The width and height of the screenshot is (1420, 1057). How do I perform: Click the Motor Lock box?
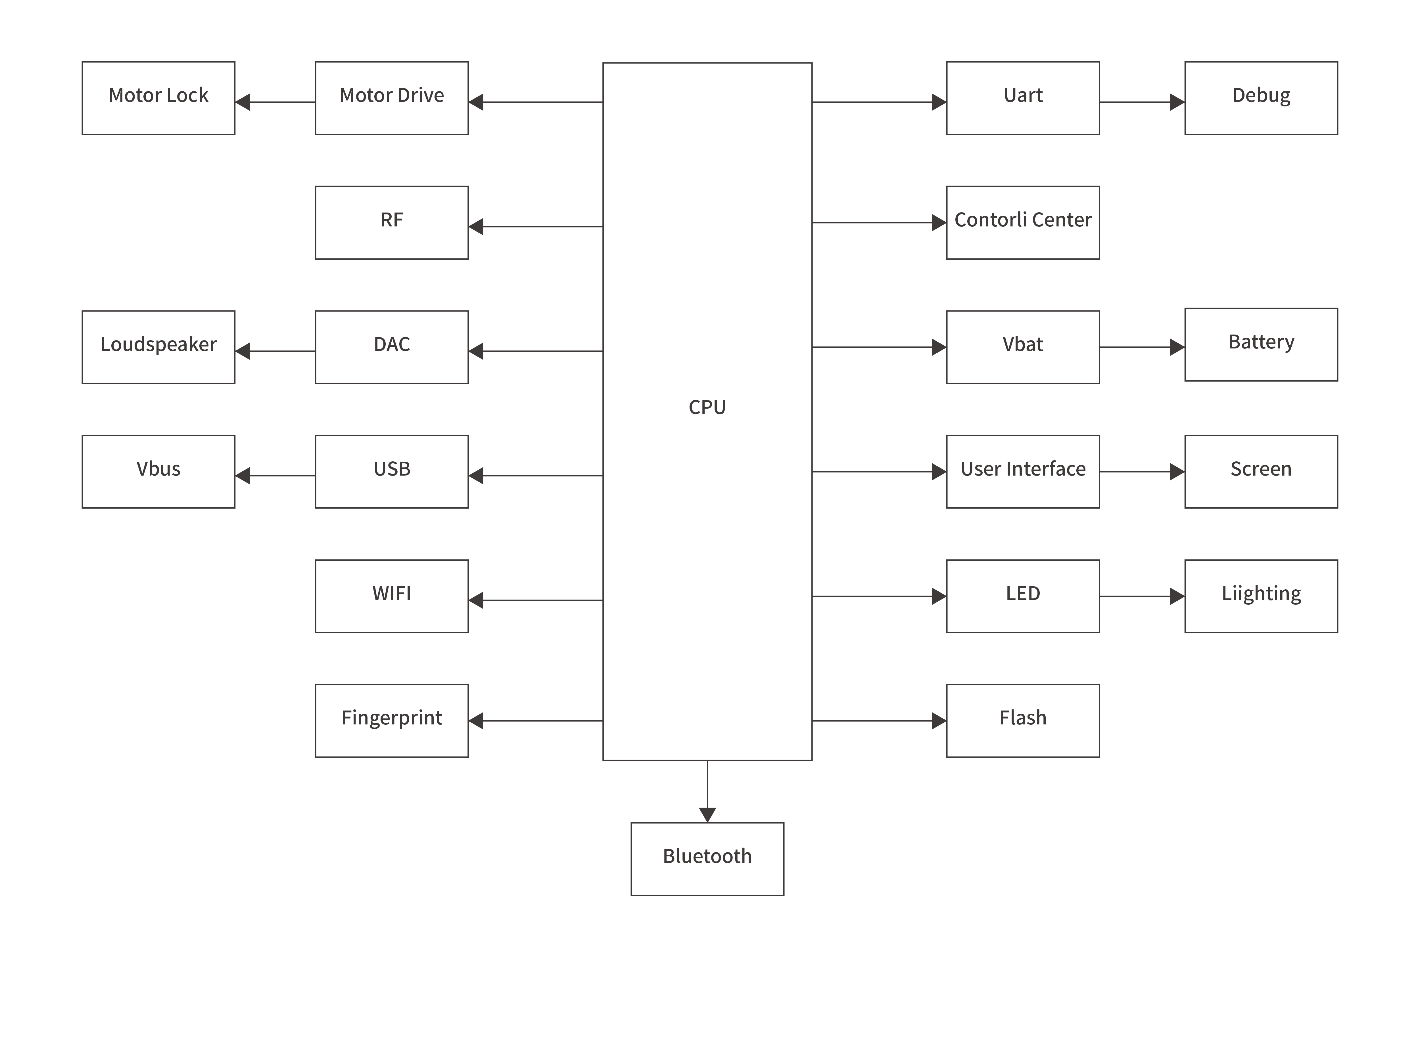[x=158, y=98]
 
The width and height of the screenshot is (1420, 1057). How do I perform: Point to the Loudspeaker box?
[x=158, y=347]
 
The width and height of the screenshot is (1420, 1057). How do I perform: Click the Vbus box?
[x=158, y=472]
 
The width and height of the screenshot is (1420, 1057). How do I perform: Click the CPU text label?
[x=707, y=407]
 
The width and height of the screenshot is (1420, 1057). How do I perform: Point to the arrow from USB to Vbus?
[x=275, y=475]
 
